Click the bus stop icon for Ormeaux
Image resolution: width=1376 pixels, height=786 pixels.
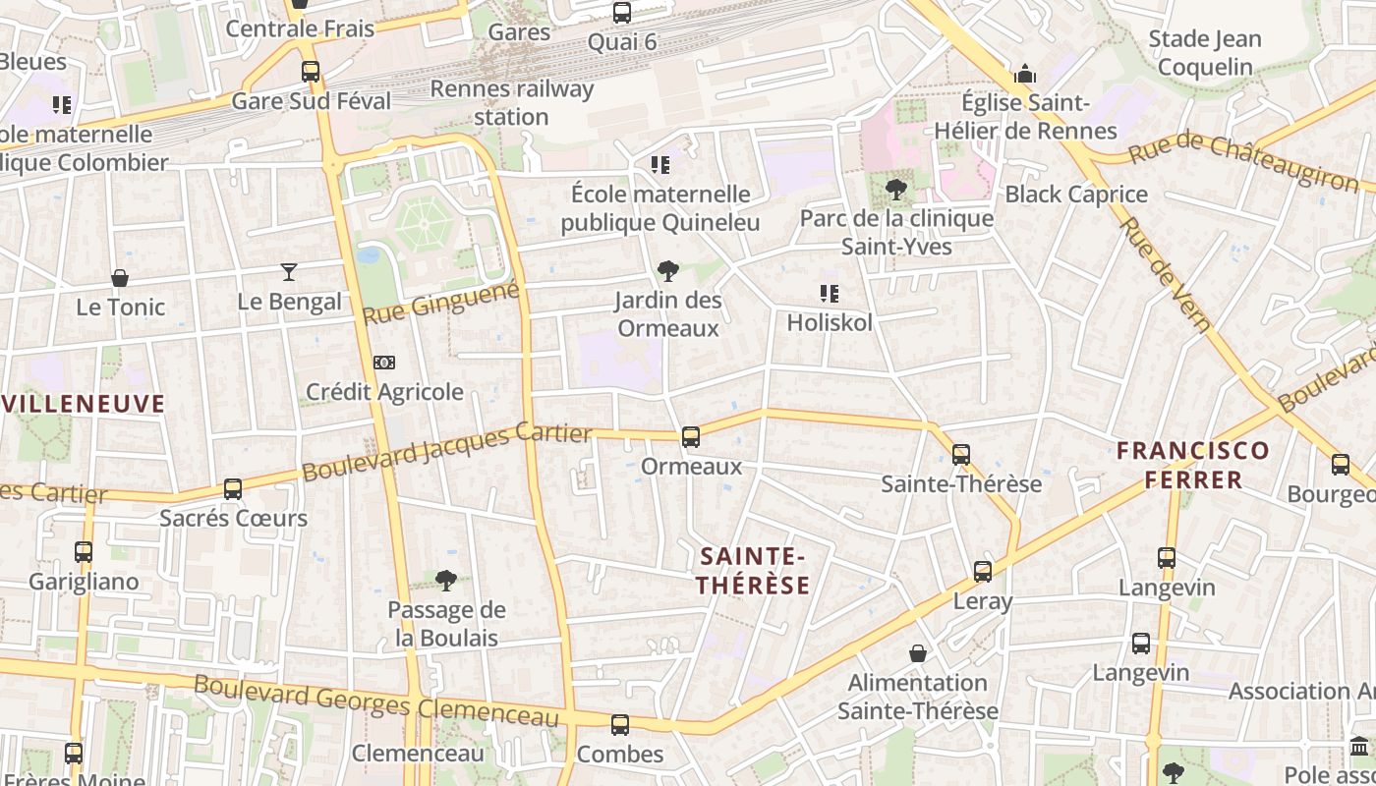click(691, 437)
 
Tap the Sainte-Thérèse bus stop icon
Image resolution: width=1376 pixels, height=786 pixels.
click(961, 455)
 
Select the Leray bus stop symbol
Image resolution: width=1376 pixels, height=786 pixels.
click(982, 572)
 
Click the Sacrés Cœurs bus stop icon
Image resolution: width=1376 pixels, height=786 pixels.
click(233, 489)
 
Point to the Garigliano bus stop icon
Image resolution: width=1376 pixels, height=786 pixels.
click(84, 552)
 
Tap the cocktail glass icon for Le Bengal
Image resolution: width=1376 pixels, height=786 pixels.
click(289, 272)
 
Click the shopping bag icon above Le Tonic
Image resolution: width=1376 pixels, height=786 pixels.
click(120, 278)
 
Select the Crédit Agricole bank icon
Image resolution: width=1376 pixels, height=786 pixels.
click(384, 363)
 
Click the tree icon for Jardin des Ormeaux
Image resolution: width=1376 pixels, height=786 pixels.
click(668, 271)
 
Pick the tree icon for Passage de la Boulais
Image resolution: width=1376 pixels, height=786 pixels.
click(446, 581)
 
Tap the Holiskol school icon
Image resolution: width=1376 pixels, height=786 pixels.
click(829, 294)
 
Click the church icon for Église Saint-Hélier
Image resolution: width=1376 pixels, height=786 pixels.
click(1025, 74)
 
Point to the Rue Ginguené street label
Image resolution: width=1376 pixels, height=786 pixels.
click(440, 303)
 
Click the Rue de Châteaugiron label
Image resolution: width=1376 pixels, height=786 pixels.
click(1242, 161)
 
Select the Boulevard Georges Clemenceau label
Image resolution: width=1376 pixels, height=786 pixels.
click(376, 702)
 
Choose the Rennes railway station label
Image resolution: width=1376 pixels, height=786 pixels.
click(512, 103)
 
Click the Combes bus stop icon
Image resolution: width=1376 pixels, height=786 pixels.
click(619, 725)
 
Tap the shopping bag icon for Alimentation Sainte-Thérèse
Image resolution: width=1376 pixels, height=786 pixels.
click(918, 653)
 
